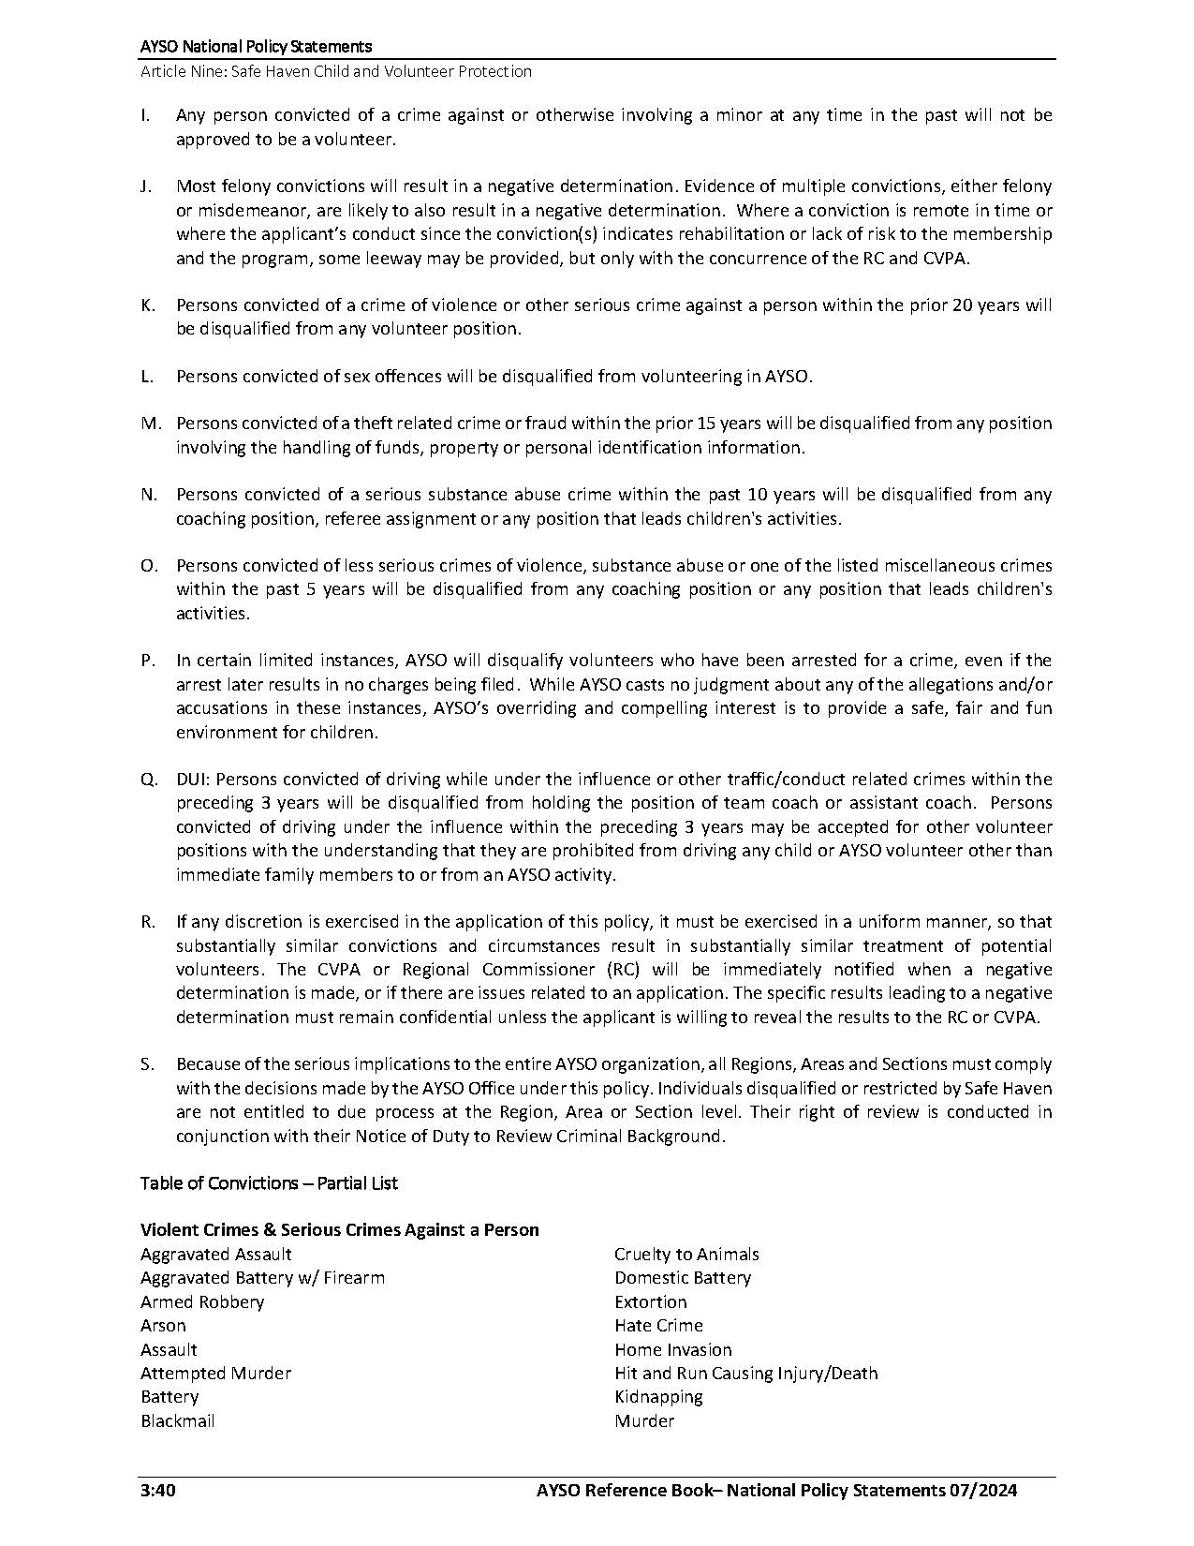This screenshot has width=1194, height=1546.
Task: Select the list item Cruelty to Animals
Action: click(x=686, y=1255)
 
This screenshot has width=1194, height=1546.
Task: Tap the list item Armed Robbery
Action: click(x=202, y=1302)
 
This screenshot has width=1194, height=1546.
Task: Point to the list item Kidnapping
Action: click(x=658, y=1397)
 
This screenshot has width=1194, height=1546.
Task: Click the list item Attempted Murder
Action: click(x=215, y=1374)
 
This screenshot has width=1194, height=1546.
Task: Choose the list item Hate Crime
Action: click(x=658, y=1326)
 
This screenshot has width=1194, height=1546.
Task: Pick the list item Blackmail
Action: click(x=178, y=1421)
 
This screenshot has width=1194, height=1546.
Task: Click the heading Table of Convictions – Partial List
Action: click(x=269, y=1183)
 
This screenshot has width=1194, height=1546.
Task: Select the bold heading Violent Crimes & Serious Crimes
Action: click(x=339, y=1230)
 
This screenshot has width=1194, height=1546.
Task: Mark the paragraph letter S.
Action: click(x=147, y=1064)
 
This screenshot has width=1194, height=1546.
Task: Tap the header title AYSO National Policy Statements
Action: click(x=256, y=47)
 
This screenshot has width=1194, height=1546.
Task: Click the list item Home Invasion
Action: click(x=673, y=1350)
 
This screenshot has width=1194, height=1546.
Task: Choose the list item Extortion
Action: click(x=651, y=1302)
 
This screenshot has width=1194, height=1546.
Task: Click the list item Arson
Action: click(x=163, y=1326)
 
